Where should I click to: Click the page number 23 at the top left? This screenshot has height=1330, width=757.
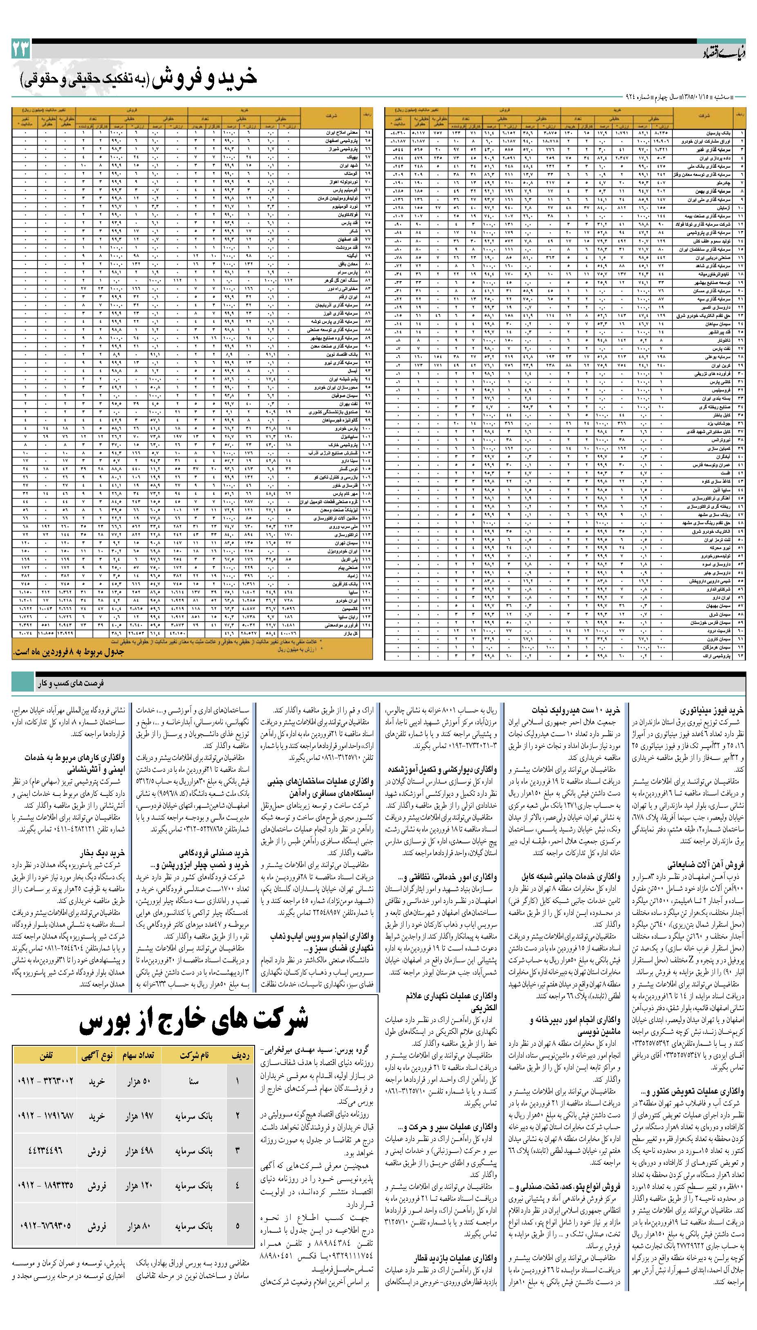pos(21,50)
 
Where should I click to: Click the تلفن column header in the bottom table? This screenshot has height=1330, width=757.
pos(45,1055)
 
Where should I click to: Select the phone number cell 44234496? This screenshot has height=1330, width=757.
pos(45,1151)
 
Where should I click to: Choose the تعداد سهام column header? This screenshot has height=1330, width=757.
pos(138,1055)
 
